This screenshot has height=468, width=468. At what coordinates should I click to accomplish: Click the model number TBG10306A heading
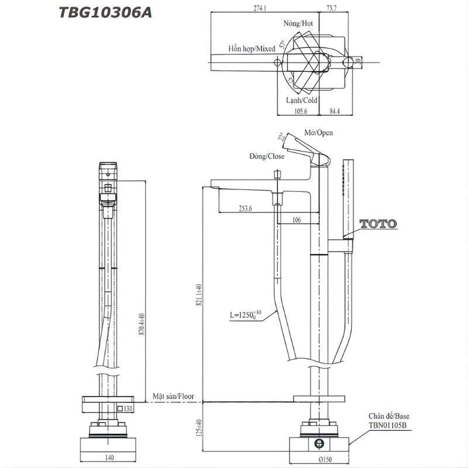(x=105, y=12)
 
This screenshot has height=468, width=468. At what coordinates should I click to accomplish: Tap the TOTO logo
(x=378, y=223)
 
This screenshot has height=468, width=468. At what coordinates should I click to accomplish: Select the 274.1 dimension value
(x=260, y=8)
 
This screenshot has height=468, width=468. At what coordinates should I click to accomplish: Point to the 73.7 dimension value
(x=332, y=8)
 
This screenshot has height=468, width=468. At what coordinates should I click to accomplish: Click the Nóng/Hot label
(x=298, y=23)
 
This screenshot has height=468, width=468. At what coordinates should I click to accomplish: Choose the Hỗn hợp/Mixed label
(x=252, y=49)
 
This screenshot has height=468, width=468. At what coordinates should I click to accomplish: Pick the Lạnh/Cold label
(x=301, y=100)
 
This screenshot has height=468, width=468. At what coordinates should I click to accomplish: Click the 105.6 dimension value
(x=301, y=111)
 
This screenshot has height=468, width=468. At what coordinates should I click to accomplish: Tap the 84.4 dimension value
(x=335, y=111)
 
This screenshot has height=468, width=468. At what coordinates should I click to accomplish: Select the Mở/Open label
(x=318, y=133)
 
